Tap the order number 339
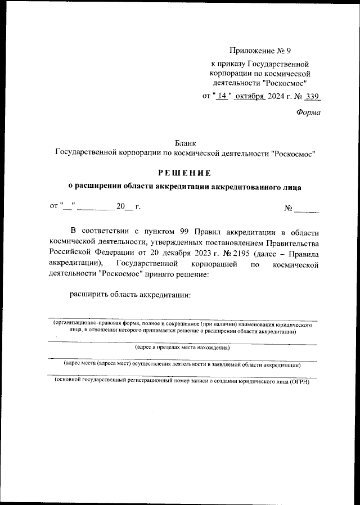click(x=313, y=96)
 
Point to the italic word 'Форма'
click(x=308, y=112)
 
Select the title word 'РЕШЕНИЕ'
click(x=184, y=172)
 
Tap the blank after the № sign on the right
click(x=307, y=208)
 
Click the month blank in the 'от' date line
click(x=95, y=206)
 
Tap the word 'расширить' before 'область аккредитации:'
click(x=87, y=294)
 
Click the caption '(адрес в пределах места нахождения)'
click(x=182, y=348)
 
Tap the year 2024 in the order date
click(x=276, y=96)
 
